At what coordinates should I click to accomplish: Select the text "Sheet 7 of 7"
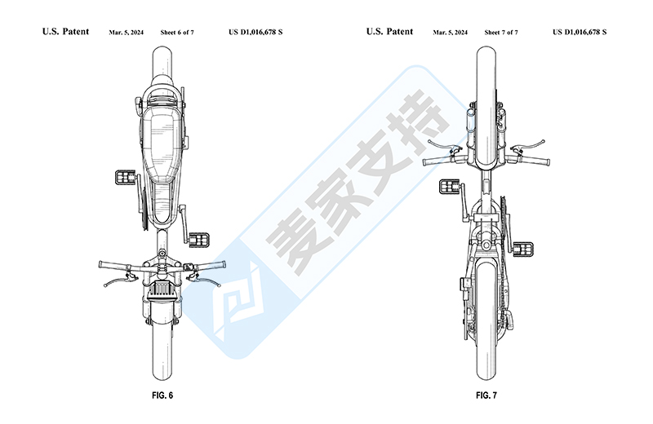[x=501, y=33]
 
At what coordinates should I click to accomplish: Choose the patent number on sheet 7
[x=580, y=33]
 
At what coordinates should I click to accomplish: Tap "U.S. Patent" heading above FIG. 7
[x=389, y=32]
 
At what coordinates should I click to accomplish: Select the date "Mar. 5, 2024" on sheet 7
[x=450, y=33]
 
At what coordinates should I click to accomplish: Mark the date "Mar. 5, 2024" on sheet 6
[x=127, y=33]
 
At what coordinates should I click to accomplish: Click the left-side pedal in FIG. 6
[x=127, y=177]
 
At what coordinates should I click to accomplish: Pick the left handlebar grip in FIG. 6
[x=113, y=265]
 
